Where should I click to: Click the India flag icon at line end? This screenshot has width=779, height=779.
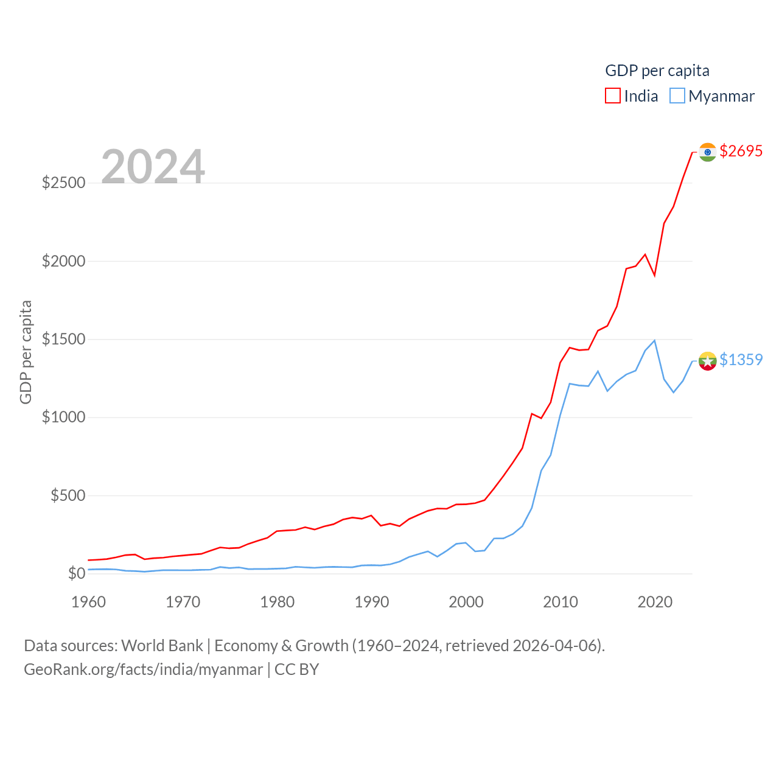point(707,152)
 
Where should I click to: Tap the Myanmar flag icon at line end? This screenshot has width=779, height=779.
point(707,361)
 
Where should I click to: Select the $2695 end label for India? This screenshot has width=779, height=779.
point(741,151)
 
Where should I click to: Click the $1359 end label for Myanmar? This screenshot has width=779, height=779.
point(741,360)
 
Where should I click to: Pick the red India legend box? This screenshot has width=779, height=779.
point(613,96)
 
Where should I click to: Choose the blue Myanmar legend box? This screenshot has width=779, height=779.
point(677,96)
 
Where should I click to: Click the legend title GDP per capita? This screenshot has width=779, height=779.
point(657,71)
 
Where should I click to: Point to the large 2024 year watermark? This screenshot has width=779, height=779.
point(153,166)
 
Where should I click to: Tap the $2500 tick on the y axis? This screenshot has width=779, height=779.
point(63,183)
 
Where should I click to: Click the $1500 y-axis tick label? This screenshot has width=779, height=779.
point(63,339)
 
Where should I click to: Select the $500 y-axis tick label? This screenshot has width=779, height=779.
point(68,495)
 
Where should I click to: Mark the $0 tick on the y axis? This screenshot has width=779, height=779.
point(77,573)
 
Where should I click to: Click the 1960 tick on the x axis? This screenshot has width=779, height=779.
point(89,602)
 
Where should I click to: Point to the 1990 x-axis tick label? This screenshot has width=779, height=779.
point(372,602)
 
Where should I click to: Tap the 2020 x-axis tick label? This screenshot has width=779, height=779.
point(655,602)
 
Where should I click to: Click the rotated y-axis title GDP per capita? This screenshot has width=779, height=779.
point(26,352)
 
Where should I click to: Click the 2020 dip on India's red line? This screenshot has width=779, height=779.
point(655,275)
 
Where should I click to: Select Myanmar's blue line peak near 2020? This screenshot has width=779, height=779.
point(654,341)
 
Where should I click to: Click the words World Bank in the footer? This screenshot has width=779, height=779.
point(162,646)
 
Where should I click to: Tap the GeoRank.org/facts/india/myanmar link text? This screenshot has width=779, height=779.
point(143,669)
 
